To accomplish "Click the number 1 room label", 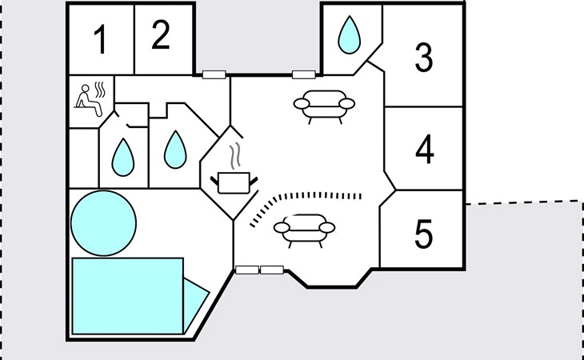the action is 101,41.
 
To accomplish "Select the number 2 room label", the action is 161,34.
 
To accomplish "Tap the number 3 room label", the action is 424,58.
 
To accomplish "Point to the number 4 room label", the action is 425,150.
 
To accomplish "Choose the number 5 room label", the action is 424,234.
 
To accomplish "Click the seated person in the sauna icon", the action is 88,101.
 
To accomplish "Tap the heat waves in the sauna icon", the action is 100,90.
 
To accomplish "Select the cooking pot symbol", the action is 234,182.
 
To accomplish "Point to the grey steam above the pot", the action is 234,156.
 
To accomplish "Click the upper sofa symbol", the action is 324,106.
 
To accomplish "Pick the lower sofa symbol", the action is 304,230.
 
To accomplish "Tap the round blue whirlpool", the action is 103,223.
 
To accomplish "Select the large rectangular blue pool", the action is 127,296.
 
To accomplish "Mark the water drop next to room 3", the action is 350,34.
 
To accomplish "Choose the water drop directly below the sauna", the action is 123,157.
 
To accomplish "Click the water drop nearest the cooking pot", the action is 175,150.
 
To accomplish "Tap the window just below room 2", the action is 214,74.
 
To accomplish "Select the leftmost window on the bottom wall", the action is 247,270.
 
